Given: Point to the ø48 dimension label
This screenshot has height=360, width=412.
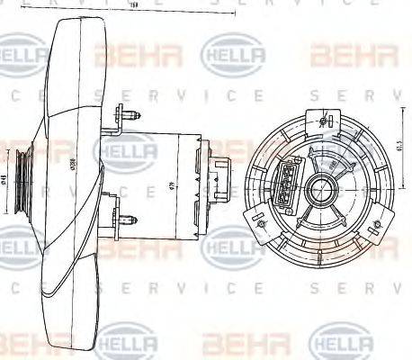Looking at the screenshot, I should [x=5, y=179].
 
